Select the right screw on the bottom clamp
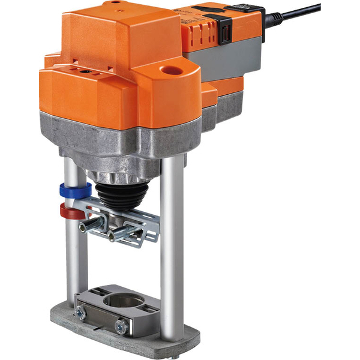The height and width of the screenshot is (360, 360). [x=122, y=326]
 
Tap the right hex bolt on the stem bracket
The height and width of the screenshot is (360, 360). [x=118, y=235]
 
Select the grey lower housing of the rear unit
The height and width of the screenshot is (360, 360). [x=228, y=60]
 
